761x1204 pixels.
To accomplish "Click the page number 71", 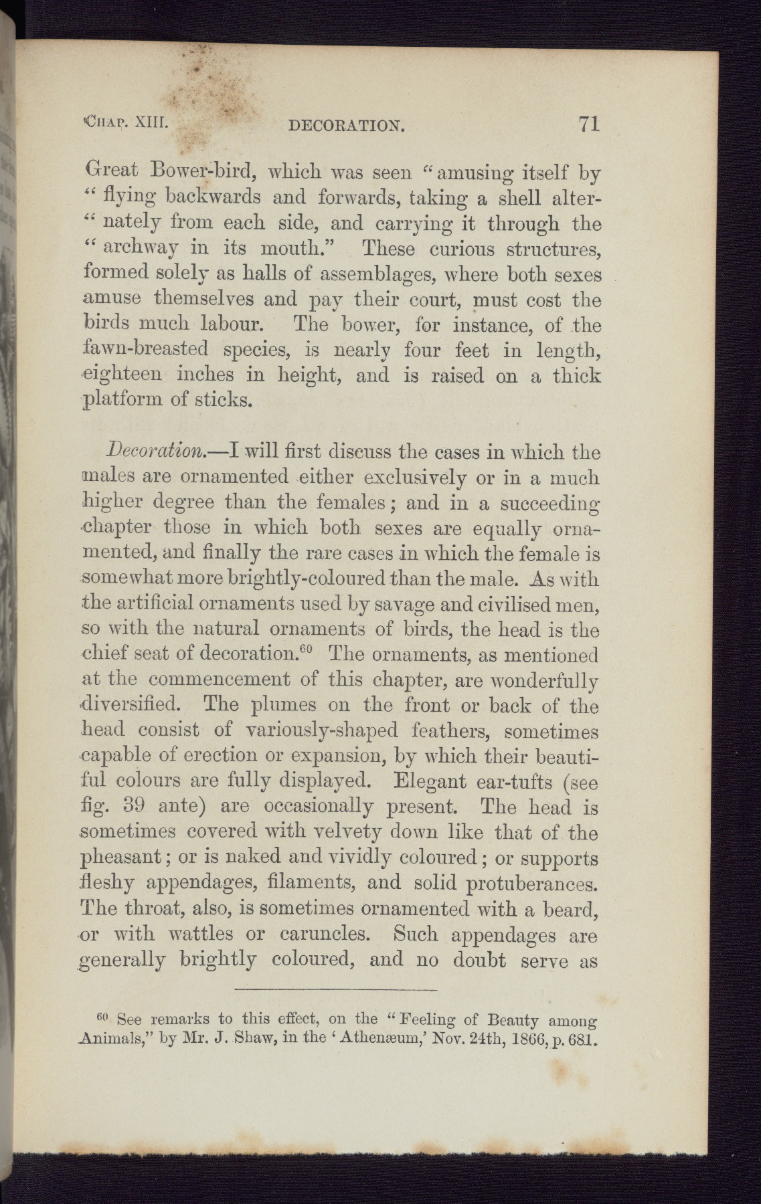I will coord(588,124).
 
